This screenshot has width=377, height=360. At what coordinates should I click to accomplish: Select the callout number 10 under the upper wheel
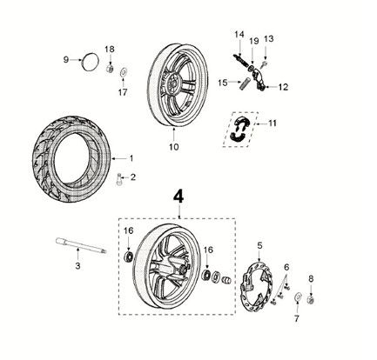tap(173, 146)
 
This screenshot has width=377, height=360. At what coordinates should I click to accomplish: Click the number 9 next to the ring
tap(64, 59)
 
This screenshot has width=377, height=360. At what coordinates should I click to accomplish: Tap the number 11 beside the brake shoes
tap(273, 124)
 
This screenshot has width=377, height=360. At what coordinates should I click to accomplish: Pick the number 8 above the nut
tap(311, 278)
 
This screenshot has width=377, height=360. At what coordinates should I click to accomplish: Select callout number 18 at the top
tap(110, 49)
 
